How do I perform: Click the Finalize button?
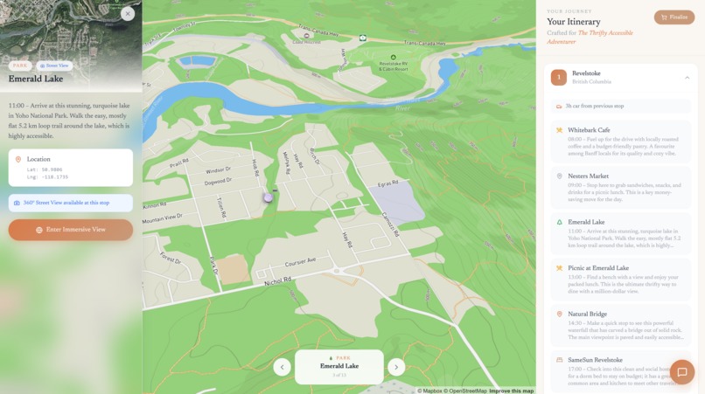pos(674,17)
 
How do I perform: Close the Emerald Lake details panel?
pos(128,13)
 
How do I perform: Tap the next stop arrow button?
pos(396,367)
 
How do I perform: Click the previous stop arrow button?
pos(282,367)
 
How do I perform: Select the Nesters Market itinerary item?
pos(620,187)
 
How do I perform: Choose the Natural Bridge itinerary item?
pos(620,325)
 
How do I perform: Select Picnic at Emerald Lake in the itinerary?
pos(620,279)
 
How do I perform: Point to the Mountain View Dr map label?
pos(162,217)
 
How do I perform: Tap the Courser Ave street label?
pos(299,260)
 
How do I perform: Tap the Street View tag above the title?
pos(55,66)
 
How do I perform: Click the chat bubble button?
pos(682,372)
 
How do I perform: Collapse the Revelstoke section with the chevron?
pos(687,78)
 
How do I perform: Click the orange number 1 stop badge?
pos(559,78)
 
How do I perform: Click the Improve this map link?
pos(511,391)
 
